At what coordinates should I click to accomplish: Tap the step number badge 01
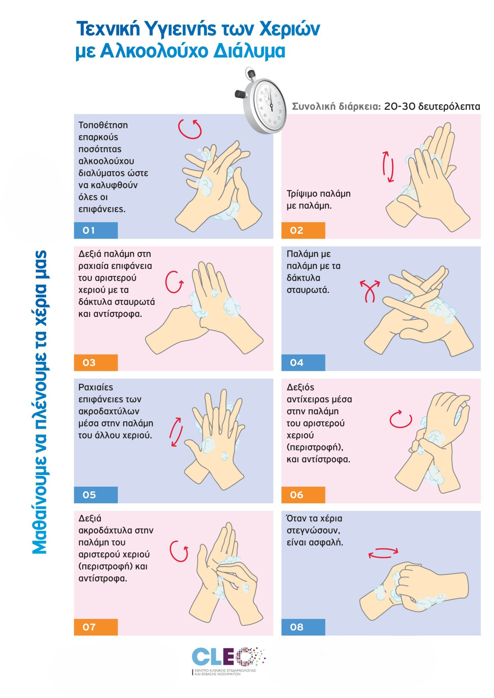96,230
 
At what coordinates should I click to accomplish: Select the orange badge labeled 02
303,230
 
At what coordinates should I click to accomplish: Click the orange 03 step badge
96,363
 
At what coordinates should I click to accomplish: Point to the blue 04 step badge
303,363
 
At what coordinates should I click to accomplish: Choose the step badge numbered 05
96,495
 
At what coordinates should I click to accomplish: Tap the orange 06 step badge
303,495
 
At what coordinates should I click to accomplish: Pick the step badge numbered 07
96,627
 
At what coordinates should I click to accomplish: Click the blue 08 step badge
303,627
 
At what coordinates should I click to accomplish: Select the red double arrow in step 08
383,553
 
